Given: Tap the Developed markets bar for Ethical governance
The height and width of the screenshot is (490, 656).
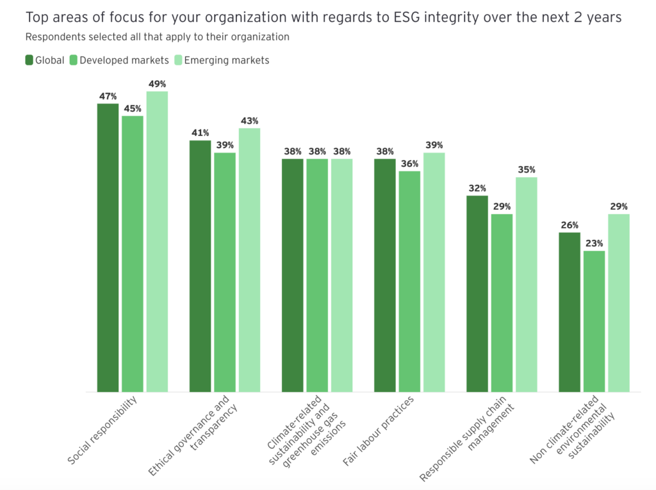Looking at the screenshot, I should point(225,272).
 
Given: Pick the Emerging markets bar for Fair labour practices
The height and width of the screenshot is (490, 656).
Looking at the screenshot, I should point(434,272).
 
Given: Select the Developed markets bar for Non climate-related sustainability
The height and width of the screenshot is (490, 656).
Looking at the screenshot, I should point(594,321).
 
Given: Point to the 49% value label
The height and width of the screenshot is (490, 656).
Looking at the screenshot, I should point(157,84).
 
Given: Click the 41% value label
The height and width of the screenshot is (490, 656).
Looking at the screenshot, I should point(201,133).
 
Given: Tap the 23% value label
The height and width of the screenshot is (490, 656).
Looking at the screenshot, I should point(594,244).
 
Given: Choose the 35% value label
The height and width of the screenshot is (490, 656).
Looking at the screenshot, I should point(527,170).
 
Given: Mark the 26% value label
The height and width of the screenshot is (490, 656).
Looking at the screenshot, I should point(570,225).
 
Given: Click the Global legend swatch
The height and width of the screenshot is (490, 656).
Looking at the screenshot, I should point(29,60).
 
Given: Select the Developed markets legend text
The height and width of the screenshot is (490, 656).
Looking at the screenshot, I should point(124,60).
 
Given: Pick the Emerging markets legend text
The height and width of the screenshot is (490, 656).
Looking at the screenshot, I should point(227,60).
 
